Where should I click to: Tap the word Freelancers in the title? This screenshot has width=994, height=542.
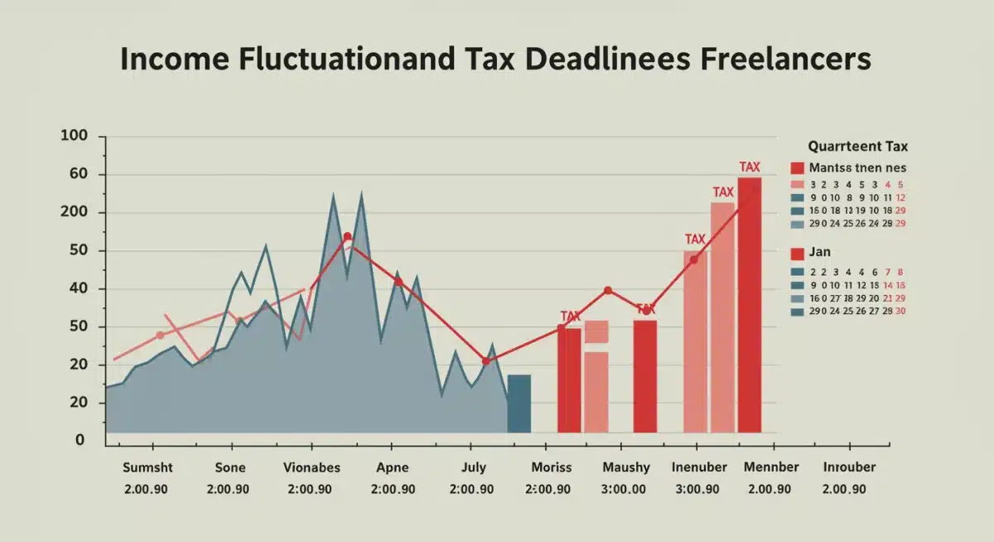point(779,61)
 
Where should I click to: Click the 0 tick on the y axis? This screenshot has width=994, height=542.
point(80,440)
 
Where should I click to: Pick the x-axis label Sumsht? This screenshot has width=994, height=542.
point(146,467)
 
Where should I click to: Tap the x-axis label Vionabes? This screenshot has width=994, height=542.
point(311,467)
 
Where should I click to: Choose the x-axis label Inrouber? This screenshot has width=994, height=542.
point(849,467)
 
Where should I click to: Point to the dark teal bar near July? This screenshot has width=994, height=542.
point(519,404)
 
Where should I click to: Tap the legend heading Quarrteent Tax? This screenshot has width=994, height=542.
point(857,147)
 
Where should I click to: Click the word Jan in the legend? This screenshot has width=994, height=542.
point(820,252)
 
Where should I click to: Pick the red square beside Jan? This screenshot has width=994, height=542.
point(798,254)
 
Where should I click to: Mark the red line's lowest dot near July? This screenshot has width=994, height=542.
point(485,361)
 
